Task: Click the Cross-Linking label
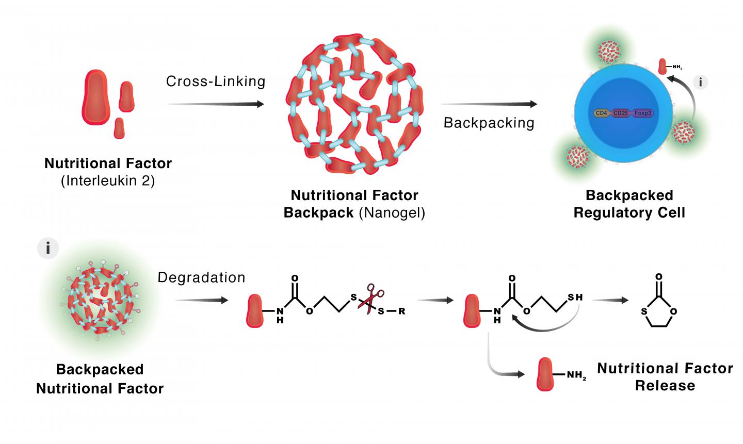(215, 81)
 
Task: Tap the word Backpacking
(489, 123)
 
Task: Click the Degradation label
(201, 277)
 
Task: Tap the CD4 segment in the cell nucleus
(601, 111)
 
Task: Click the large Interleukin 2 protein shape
(96, 96)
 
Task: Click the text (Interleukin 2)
(108, 182)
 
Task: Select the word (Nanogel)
(392, 213)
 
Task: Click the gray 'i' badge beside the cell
(700, 82)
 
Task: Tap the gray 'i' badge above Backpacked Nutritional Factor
(49, 249)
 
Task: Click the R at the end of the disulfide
(402, 311)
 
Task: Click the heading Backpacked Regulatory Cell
(629, 204)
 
